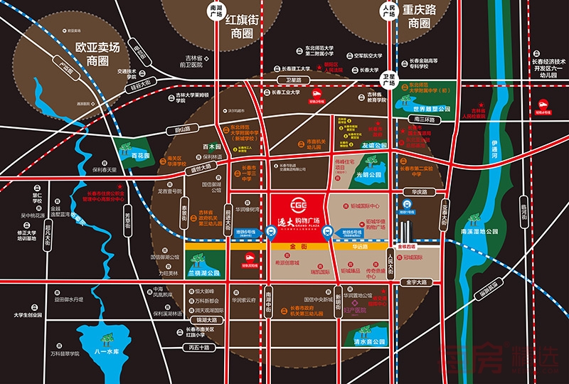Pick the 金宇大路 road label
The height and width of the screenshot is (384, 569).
click(x=412, y=282)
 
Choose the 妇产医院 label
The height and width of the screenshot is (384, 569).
click(x=353, y=310)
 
